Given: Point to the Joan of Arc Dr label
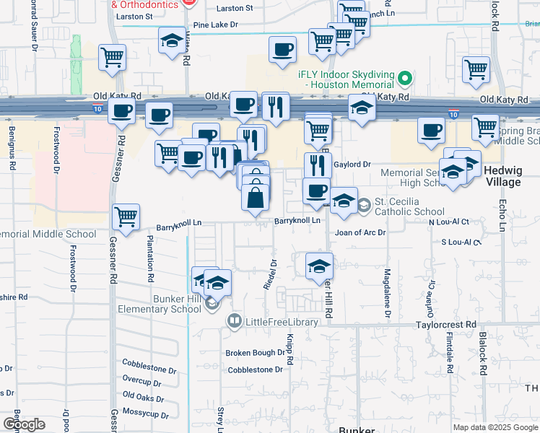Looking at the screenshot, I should point(360,233).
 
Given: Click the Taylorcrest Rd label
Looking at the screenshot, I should point(445,325).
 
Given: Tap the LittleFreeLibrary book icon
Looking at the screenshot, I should point(234,320).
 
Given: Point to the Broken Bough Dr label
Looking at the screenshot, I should point(255,353).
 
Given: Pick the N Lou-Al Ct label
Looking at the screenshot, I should point(449,222).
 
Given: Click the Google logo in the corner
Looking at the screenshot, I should point(24,424).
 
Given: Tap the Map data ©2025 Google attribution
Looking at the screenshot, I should point(495,427).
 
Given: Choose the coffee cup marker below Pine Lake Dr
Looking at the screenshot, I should point(282,51).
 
